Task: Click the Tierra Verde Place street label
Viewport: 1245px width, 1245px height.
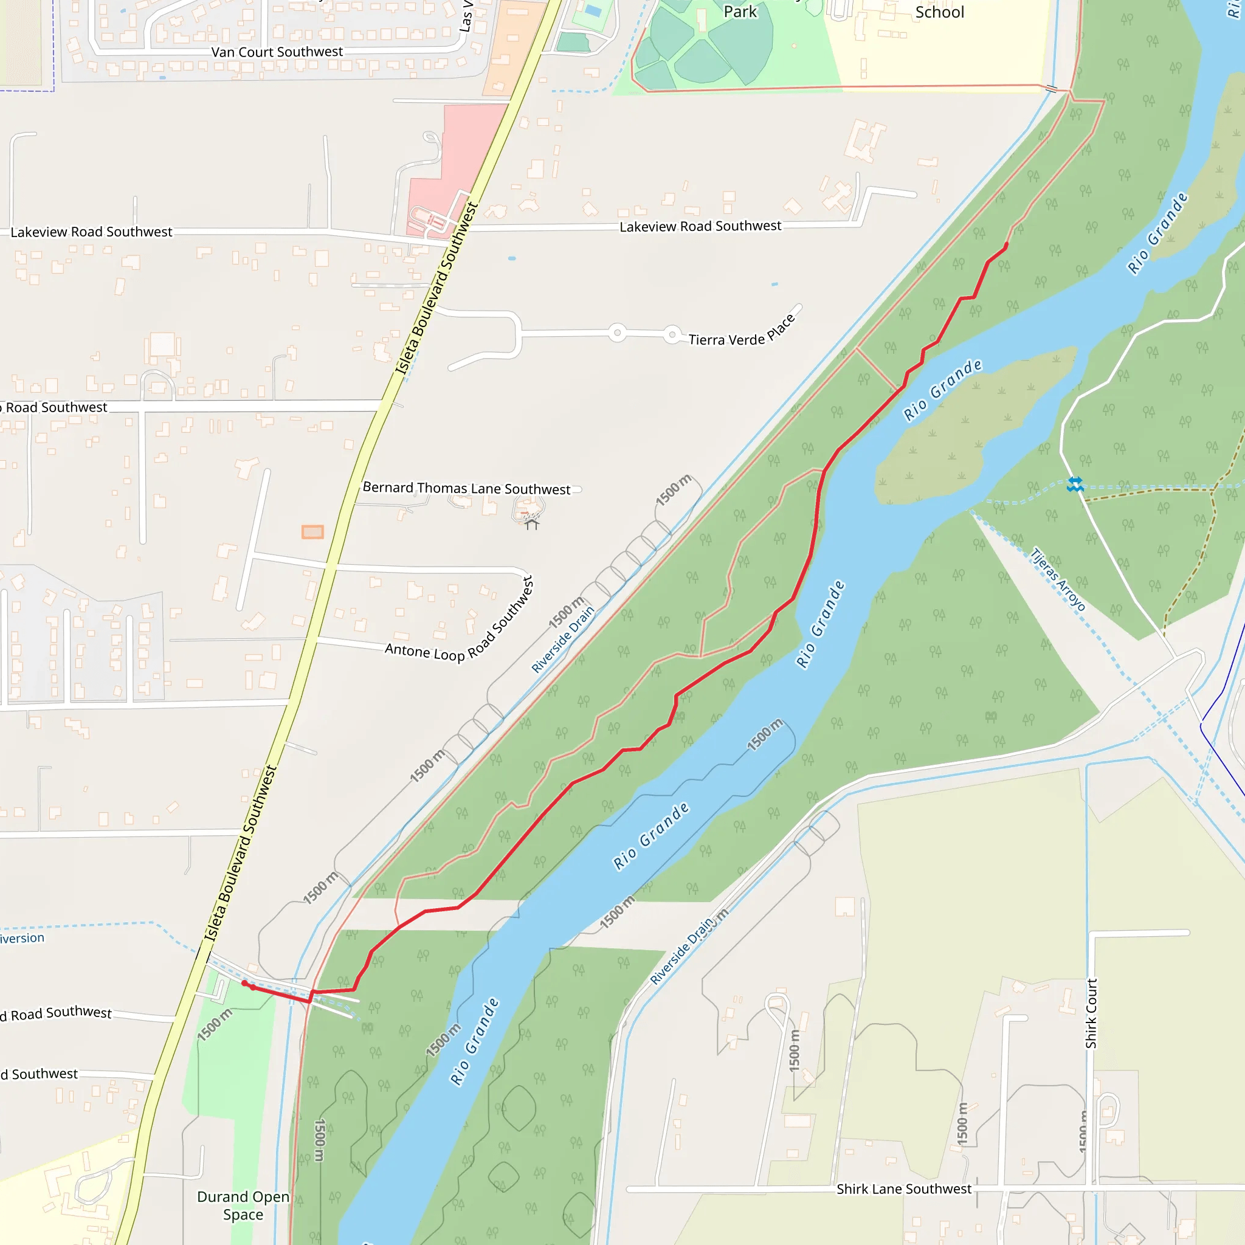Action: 741,333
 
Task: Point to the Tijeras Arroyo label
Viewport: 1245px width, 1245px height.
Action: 1058,579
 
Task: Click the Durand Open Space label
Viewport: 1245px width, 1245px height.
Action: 243,1205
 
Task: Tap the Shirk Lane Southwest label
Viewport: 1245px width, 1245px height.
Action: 903,1189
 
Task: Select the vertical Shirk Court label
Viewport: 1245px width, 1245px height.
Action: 1091,1013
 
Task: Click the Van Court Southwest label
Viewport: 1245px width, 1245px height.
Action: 277,52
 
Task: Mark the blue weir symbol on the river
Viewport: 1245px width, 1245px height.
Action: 1075,484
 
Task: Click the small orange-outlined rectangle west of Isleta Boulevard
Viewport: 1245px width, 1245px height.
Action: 312,532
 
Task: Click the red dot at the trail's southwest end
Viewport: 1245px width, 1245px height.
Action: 245,983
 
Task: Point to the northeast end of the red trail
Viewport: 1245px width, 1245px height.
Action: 1006,245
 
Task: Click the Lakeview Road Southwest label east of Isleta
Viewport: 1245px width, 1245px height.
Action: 700,226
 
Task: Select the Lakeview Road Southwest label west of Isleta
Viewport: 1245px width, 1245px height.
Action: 92,232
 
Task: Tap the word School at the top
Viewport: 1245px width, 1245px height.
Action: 940,12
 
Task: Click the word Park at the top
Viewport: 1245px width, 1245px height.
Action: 740,12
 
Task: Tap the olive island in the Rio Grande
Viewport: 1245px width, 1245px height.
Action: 967,432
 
